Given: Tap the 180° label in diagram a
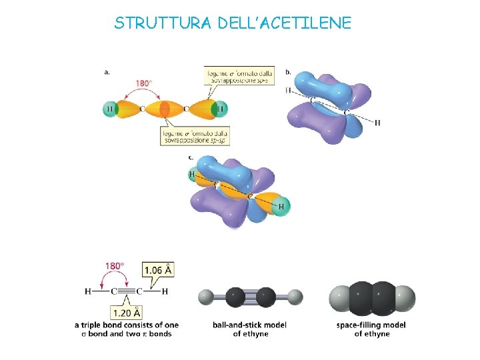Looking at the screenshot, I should tap(144, 84).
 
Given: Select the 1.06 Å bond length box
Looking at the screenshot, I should tap(159, 270).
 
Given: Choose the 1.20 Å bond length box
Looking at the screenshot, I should tap(127, 311).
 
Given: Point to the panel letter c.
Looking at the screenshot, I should tap(191, 157).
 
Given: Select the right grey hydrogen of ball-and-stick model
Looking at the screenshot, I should tap(295, 296).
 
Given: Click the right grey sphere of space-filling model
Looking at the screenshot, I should tap(404, 297).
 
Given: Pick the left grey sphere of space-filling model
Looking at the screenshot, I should tap(341, 297).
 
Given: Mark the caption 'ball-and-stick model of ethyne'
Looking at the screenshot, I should tap(250, 329).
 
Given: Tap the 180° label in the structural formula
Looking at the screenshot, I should tap(115, 266).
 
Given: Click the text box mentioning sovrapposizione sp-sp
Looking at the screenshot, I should tap(194, 135).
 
